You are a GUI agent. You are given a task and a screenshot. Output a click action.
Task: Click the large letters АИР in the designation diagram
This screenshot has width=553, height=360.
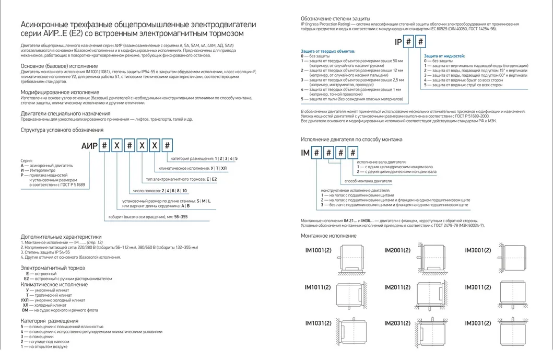[89, 147]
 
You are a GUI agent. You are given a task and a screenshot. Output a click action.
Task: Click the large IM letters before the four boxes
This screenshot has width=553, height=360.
[305, 153]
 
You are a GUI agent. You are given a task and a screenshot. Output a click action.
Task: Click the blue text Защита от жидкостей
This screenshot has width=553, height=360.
[444, 55]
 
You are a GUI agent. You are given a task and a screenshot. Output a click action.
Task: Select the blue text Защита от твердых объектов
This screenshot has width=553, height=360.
[328, 52]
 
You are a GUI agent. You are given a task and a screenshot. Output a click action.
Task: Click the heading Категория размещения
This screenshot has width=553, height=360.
[50, 320]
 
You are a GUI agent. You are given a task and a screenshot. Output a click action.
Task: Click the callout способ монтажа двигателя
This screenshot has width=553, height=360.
[368, 182]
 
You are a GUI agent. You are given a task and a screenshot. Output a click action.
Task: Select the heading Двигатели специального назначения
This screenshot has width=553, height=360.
[65, 113]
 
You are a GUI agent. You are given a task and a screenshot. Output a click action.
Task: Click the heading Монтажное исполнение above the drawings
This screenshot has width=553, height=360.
[328, 236]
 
